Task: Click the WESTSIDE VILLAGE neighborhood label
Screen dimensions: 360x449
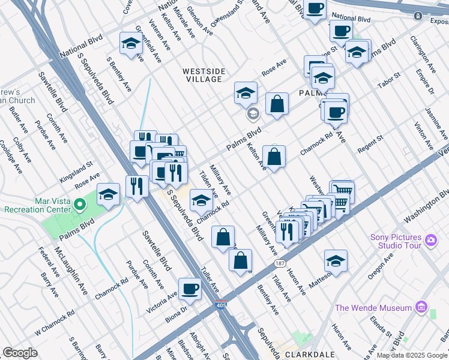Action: (x=204, y=76)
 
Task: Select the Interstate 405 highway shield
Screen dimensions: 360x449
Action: (x=220, y=305)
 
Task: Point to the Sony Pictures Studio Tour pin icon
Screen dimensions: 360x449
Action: (x=430, y=241)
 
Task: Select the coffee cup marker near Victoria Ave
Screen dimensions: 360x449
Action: (x=190, y=289)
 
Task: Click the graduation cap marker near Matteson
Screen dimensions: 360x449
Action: (x=336, y=260)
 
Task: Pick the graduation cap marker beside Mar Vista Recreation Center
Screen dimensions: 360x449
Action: (x=108, y=194)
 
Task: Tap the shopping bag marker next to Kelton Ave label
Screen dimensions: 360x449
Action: (x=274, y=157)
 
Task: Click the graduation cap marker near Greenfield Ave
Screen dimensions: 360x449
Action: (x=130, y=43)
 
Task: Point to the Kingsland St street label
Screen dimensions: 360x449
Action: (x=75, y=172)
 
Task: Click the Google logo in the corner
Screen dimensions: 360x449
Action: (x=20, y=353)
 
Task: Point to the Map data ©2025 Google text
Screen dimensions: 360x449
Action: (x=412, y=355)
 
